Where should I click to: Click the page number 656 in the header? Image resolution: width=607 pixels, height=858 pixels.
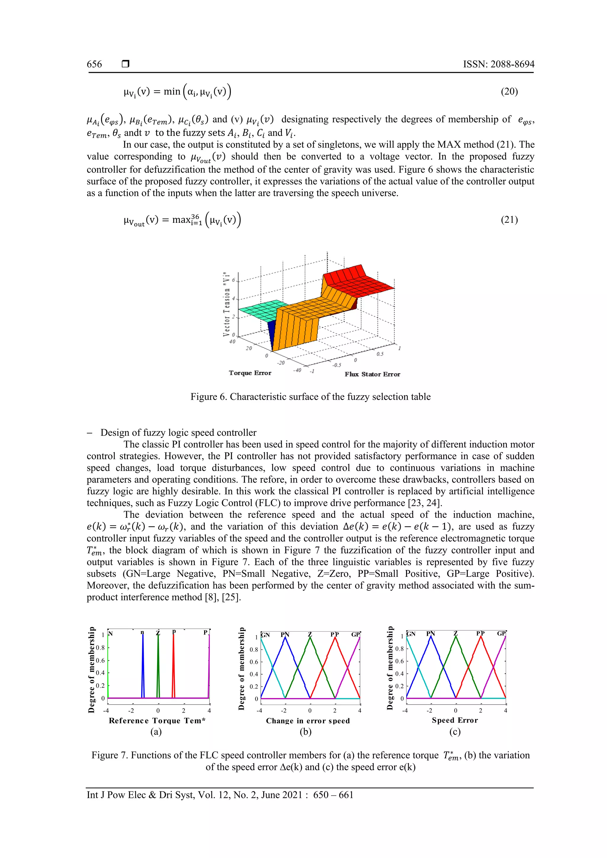pos(94,64)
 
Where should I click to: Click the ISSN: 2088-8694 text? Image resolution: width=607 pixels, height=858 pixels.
pos(499,64)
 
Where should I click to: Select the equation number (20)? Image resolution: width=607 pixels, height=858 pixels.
pos(509,92)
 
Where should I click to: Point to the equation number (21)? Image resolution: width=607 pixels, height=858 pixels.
pos(509,220)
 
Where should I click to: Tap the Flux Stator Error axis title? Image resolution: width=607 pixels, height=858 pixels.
pos(372,374)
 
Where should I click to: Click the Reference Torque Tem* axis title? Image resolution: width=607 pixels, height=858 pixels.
pos(157,721)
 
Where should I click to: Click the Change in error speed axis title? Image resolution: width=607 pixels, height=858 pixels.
pos(308,721)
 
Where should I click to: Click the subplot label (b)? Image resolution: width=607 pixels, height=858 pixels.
pos(305,732)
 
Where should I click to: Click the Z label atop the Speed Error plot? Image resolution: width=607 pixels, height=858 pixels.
pos(455,633)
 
